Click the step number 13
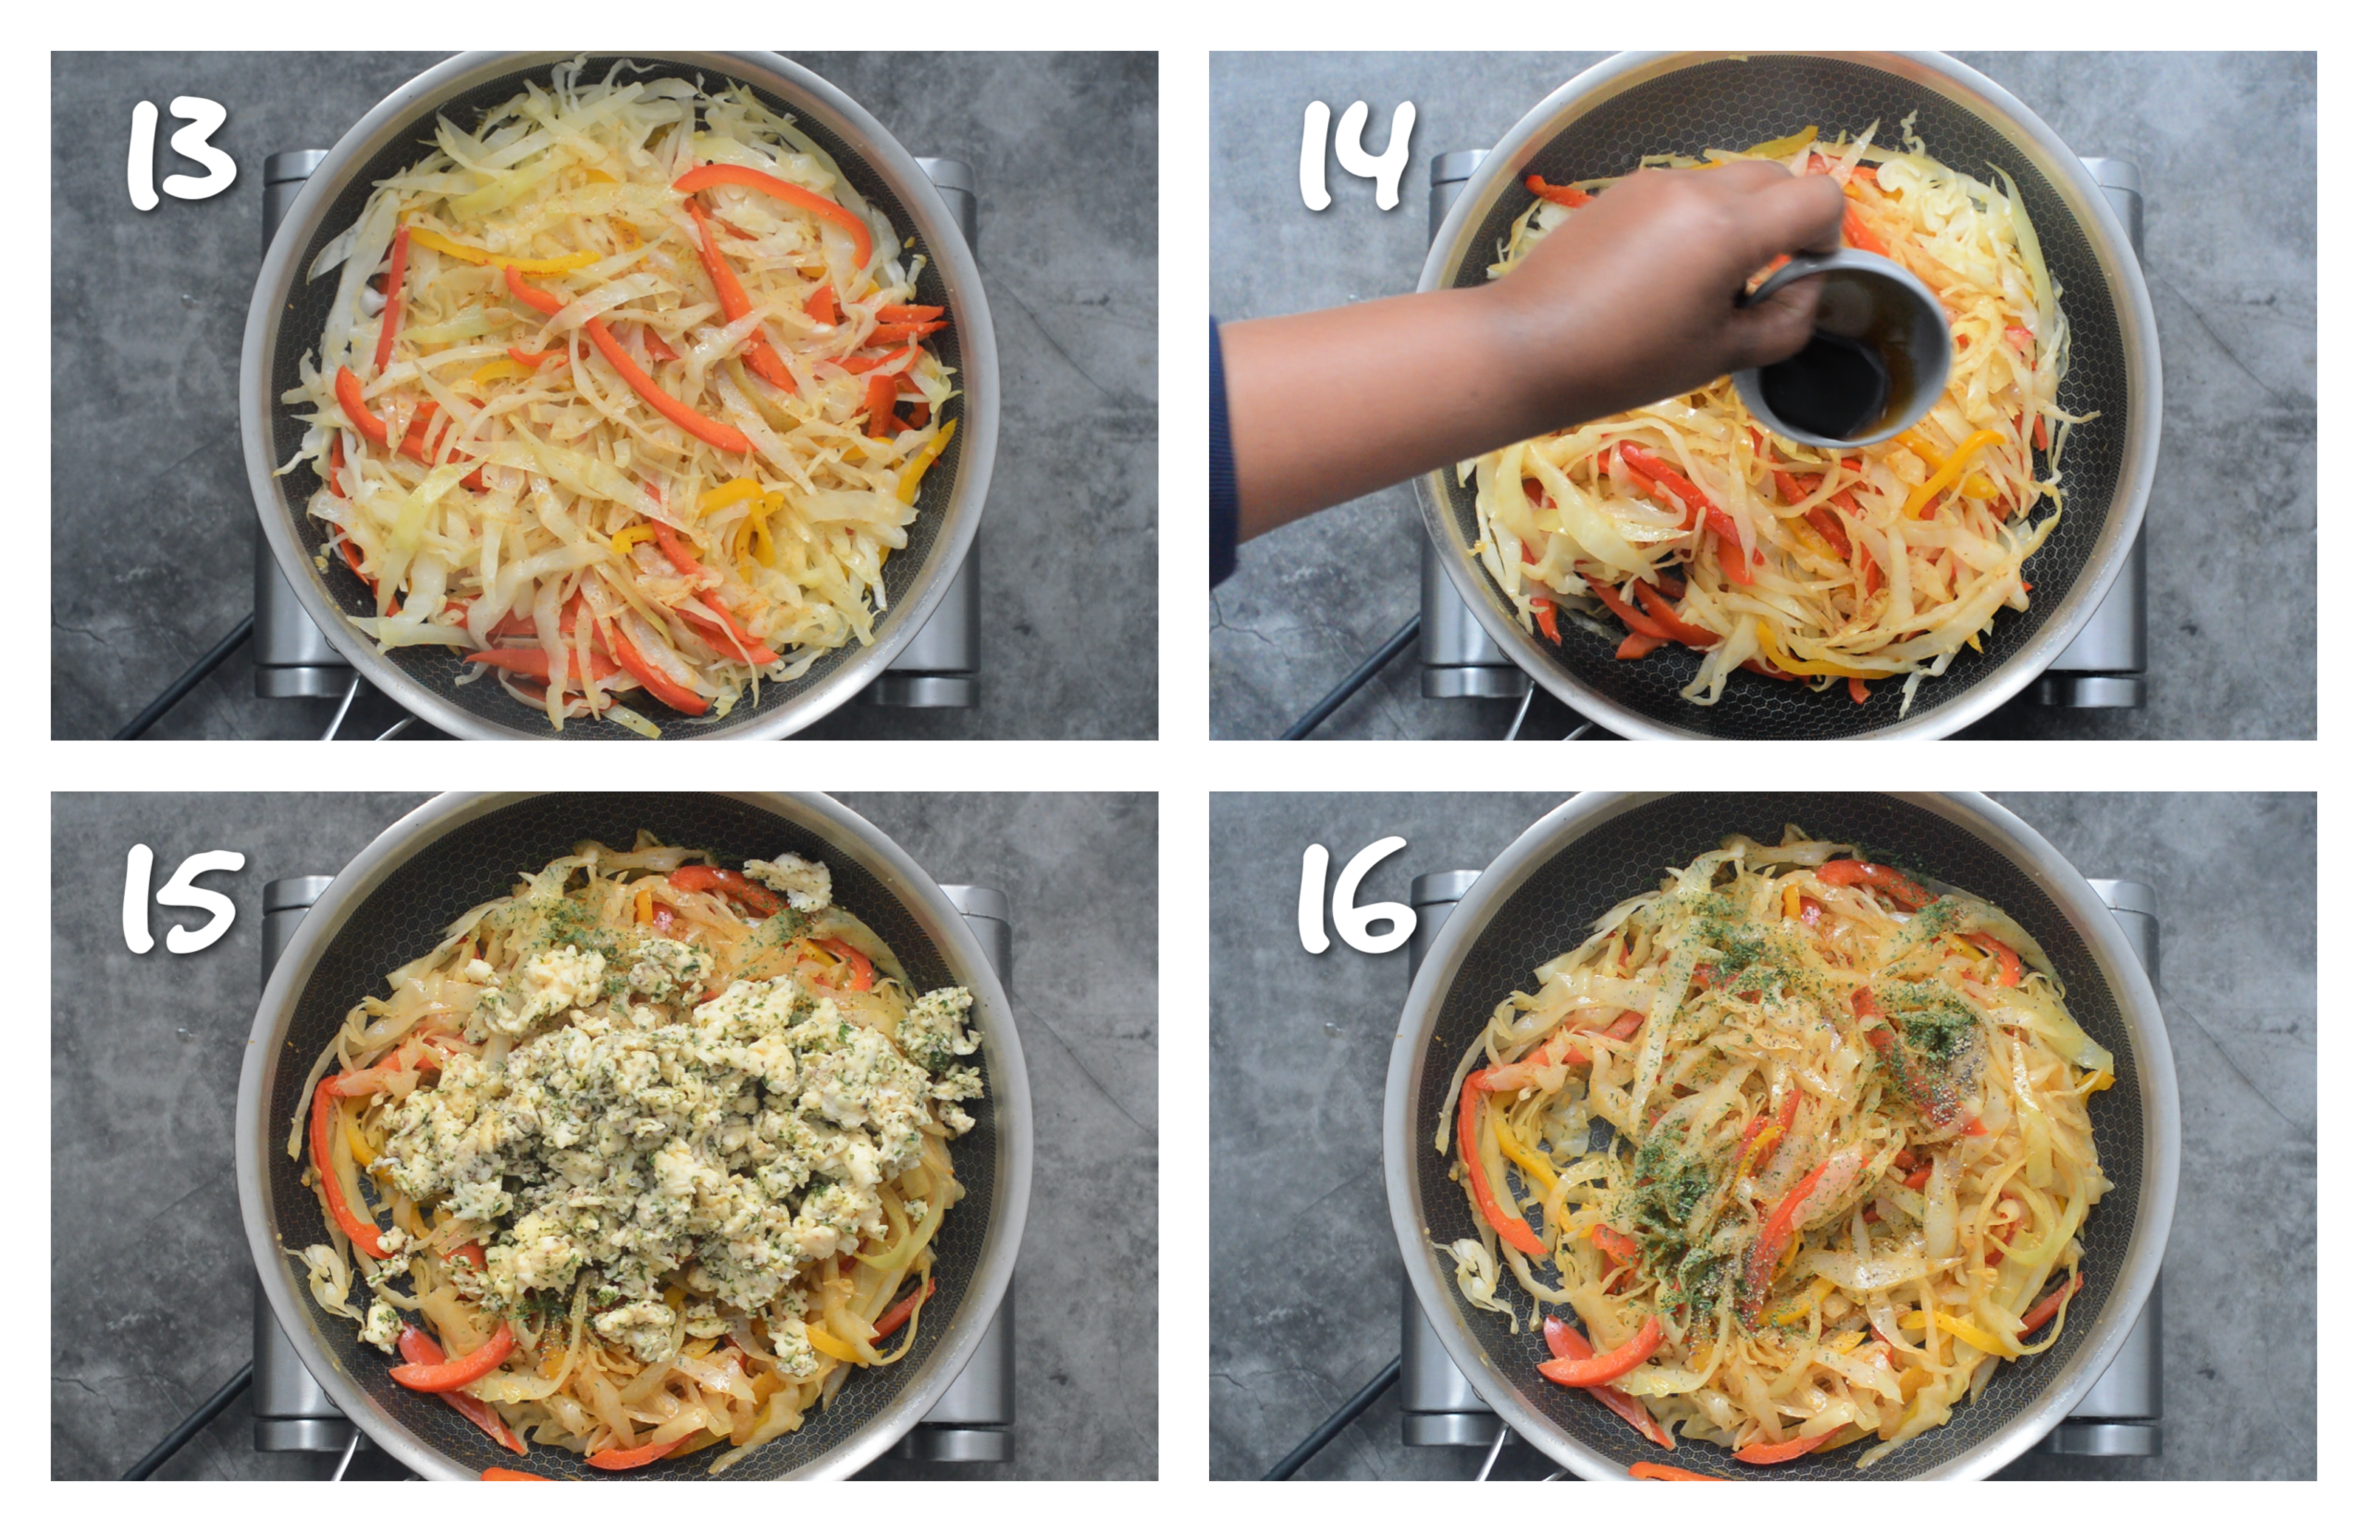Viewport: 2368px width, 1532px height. coord(181,154)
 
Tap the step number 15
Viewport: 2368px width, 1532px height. coord(182,899)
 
